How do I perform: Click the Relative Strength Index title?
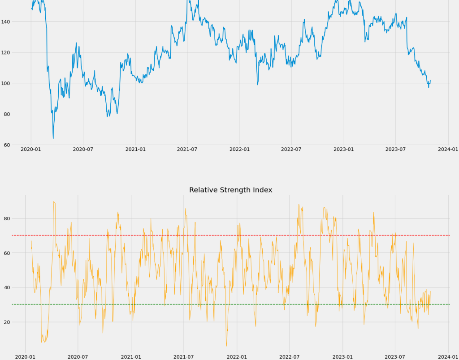pyautogui.click(x=230, y=190)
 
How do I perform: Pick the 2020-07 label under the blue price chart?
pyautogui.click(x=83, y=149)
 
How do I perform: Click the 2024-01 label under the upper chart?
pyautogui.click(x=448, y=149)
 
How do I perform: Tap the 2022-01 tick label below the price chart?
pyautogui.click(x=239, y=149)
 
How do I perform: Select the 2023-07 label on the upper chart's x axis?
pyautogui.click(x=395, y=149)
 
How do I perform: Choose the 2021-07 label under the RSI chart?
pyautogui.click(x=184, y=357)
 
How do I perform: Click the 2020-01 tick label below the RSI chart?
pyautogui.click(x=25, y=357)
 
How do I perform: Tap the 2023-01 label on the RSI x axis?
pyautogui.click(x=342, y=357)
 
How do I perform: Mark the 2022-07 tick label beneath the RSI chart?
pyautogui.click(x=290, y=357)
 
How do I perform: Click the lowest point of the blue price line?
pyautogui.click(x=53, y=138)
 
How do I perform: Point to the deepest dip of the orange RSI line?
pyautogui.click(x=226, y=346)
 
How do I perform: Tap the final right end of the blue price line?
pyautogui.click(x=430, y=81)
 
